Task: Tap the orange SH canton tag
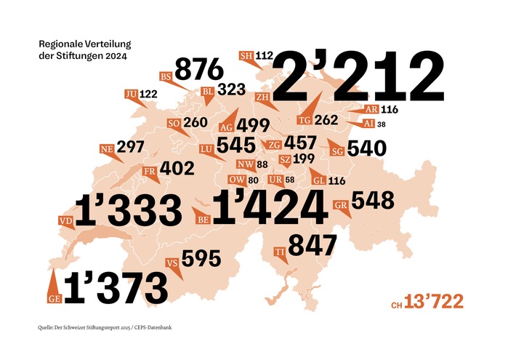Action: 246,55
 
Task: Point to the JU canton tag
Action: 131,95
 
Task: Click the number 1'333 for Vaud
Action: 128,210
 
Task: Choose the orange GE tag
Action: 52,297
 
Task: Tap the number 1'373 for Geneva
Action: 116,288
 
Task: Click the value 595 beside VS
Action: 201,260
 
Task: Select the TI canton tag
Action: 279,252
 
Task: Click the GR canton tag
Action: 340,204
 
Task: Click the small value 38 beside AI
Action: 382,124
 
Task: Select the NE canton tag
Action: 107,149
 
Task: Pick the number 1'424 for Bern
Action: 267,208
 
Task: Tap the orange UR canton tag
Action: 275,180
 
